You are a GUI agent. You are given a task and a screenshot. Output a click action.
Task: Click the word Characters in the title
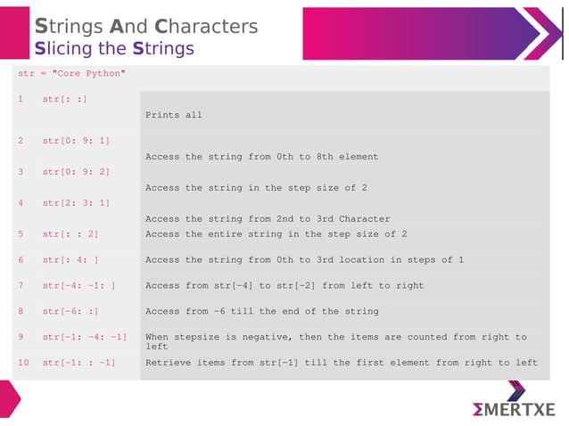206,26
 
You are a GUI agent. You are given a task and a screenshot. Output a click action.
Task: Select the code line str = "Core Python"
71,73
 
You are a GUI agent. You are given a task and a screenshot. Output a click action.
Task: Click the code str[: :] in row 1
64,99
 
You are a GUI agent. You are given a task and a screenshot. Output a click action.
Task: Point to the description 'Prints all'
174,115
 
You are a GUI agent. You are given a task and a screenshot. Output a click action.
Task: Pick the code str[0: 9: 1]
76,141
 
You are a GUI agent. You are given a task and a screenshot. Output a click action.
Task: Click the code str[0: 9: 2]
76,171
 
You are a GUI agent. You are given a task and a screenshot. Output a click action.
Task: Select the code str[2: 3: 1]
76,202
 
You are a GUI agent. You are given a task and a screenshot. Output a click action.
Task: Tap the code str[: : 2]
70,233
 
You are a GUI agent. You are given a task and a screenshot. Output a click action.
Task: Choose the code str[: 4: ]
70,259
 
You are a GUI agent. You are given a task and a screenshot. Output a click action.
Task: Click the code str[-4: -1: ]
78,285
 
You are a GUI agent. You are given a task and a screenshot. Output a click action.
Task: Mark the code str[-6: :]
70,311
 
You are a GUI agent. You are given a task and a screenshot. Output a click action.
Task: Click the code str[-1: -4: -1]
84,337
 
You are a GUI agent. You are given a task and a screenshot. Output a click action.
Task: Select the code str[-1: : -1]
78,363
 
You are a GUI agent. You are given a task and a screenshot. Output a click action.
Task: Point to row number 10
23,363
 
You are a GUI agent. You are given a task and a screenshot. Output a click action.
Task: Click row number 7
21,285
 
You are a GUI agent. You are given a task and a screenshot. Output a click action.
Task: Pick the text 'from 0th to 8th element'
313,157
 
